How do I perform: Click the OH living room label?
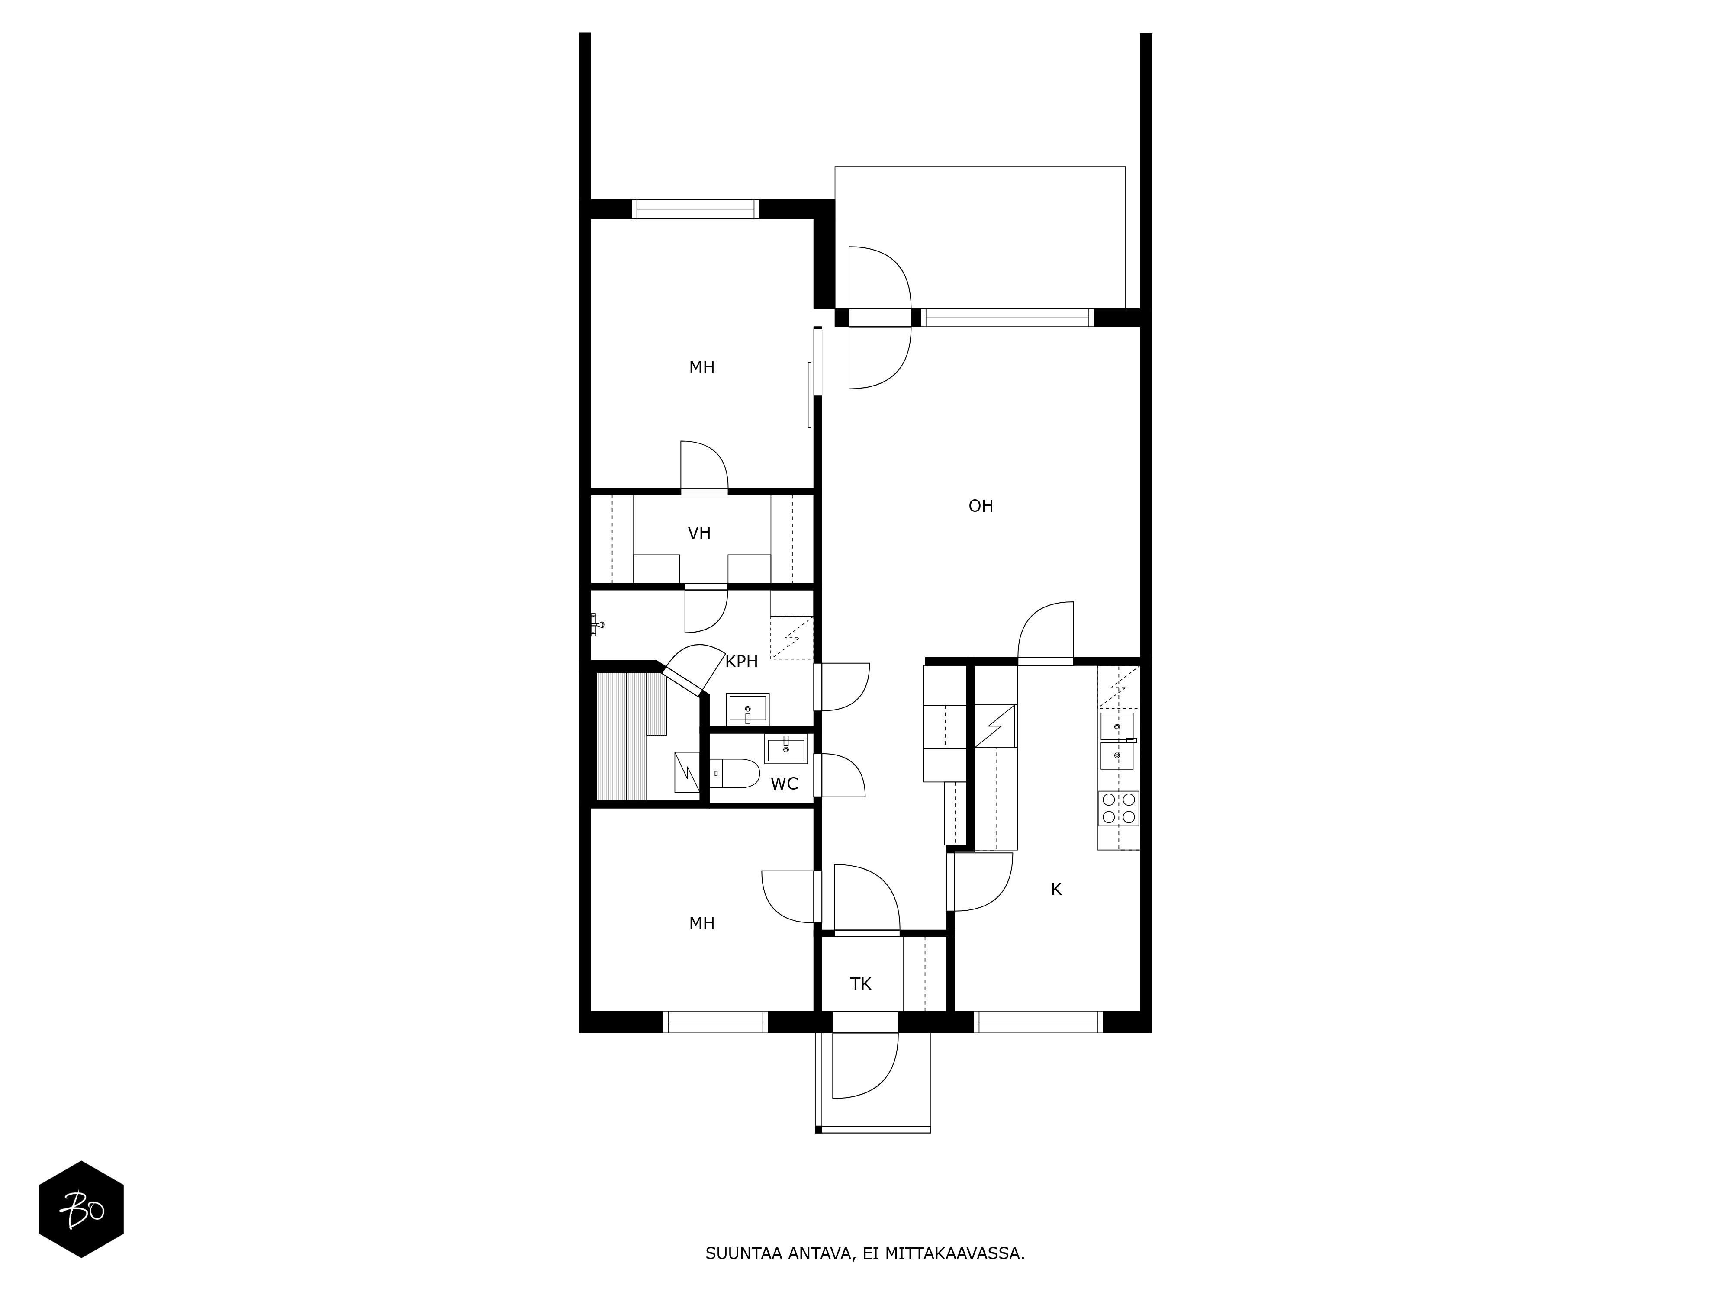tap(981, 506)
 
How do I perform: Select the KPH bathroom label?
tap(741, 662)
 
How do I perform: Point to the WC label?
tap(784, 784)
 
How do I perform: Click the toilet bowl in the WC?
tap(736, 774)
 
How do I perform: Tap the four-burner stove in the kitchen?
tap(1118, 808)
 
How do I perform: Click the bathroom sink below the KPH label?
tap(747, 709)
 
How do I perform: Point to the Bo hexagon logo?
tap(81, 1209)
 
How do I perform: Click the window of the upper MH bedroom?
tap(696, 209)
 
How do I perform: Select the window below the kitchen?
tap(1039, 1022)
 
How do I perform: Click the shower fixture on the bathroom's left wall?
tap(597, 624)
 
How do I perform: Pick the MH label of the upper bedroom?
tap(702, 368)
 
